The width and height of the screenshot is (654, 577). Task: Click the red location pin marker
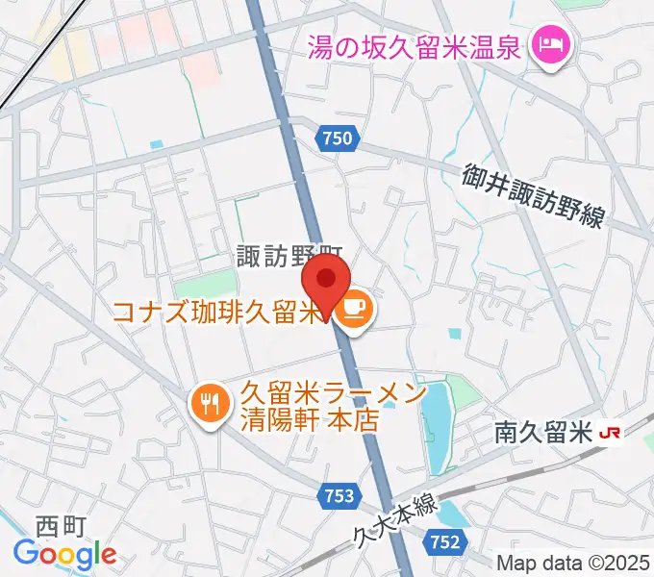point(326,282)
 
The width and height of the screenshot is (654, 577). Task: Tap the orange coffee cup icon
point(353,309)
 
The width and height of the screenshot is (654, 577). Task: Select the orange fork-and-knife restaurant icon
point(209,402)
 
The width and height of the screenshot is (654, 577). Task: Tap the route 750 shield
point(338,139)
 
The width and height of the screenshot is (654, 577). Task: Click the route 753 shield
point(338,496)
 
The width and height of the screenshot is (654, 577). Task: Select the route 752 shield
point(444,542)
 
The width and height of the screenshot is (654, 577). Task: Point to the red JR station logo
point(609,434)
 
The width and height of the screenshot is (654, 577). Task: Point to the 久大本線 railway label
point(394,519)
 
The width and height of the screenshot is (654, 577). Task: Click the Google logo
point(64,554)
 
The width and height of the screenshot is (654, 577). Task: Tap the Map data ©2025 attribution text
point(573,563)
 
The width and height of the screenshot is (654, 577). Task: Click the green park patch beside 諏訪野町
point(218,282)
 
